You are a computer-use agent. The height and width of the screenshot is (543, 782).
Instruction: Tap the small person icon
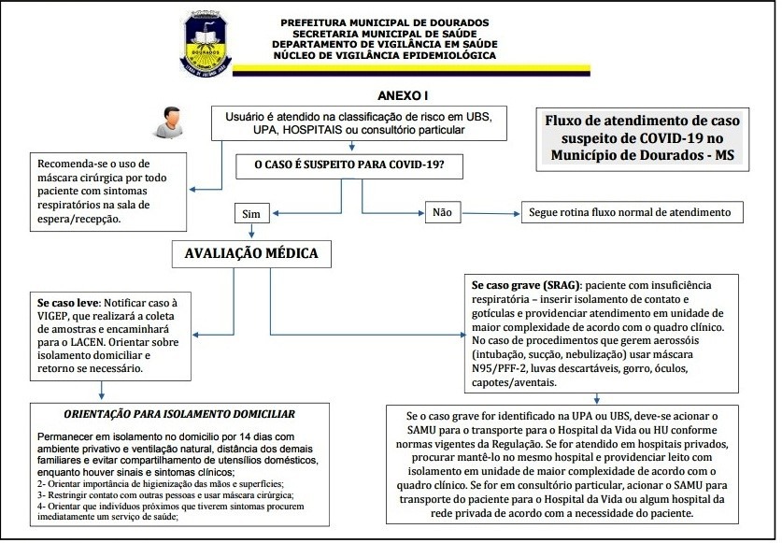[169, 121]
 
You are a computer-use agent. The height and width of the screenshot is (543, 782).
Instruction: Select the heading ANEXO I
[402, 96]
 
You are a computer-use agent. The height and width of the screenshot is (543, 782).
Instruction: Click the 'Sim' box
[250, 213]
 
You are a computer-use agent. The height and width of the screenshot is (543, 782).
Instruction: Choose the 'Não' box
[442, 212]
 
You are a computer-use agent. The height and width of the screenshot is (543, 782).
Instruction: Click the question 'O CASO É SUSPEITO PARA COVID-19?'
[350, 167]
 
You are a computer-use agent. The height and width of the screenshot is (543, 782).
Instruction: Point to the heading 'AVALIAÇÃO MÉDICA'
[250, 253]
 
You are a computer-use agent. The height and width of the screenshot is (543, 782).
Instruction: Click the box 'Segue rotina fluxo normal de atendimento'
[632, 212]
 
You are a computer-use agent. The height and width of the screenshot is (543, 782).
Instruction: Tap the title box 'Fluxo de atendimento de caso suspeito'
[642, 138]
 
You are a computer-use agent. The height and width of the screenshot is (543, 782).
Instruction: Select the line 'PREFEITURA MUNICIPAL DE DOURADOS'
[384, 21]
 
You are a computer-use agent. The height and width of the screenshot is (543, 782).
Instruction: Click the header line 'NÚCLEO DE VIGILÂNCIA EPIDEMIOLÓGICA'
[384, 56]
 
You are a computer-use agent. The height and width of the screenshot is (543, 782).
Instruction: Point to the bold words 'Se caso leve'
[68, 304]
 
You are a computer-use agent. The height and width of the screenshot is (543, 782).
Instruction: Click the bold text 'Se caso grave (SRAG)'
[525, 284]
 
